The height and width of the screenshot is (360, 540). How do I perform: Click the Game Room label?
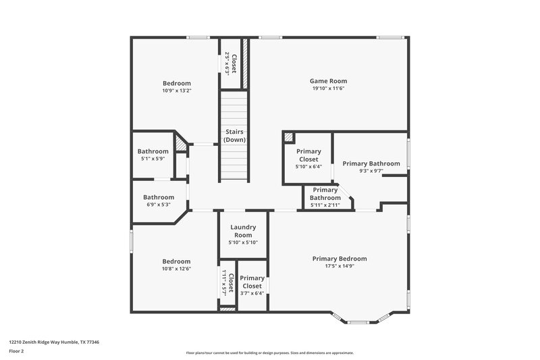(328, 81)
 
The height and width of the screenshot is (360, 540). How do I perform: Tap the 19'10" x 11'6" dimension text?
(328, 88)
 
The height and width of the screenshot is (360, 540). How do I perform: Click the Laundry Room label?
(243, 231)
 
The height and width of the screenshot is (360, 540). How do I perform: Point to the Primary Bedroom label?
(339, 259)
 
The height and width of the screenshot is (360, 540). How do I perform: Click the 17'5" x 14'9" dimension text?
(339, 266)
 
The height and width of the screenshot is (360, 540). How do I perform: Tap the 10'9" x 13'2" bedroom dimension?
(176, 91)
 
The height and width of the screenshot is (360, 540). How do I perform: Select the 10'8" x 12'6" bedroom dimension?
(176, 269)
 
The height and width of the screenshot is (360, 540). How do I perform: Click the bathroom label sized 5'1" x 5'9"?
(153, 151)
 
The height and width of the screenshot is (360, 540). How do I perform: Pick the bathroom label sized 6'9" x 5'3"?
(159, 197)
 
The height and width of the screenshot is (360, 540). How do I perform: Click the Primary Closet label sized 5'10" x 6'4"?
(308, 155)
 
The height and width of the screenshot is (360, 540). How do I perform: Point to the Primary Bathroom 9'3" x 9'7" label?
(371, 163)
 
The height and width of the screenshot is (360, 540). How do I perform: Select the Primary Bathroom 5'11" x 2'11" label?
(325, 194)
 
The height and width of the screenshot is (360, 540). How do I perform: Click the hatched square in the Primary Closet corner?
(289, 138)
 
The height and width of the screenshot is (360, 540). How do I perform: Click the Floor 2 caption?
(16, 351)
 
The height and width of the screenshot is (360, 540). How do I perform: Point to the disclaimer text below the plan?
(269, 353)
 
